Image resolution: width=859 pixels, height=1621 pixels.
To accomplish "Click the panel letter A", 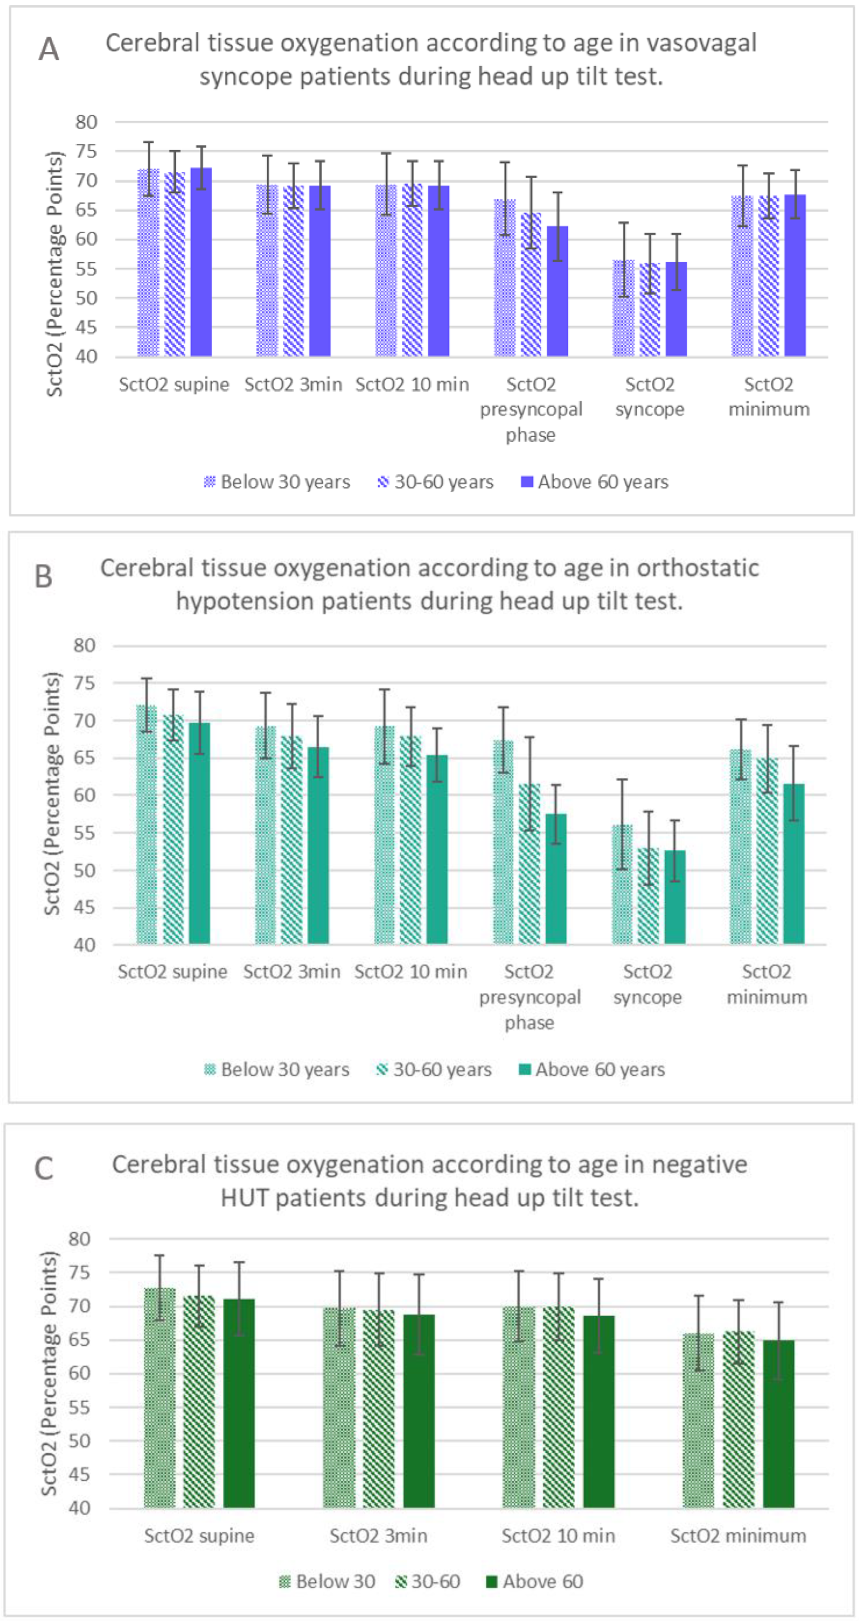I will pyautogui.click(x=49, y=49).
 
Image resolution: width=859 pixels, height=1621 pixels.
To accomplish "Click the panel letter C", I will pyautogui.click(x=43, y=1169).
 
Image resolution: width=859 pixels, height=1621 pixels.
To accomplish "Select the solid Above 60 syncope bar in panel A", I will pyautogui.click(x=676, y=308).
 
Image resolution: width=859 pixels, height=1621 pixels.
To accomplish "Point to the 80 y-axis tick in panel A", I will pyautogui.click(x=86, y=122).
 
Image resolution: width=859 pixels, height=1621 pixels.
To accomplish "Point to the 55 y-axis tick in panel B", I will pyautogui.click(x=84, y=833).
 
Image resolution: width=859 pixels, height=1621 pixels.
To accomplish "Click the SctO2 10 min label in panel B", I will pyautogui.click(x=410, y=972).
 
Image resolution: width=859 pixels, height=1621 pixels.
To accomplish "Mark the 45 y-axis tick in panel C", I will pyautogui.click(x=80, y=1475).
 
